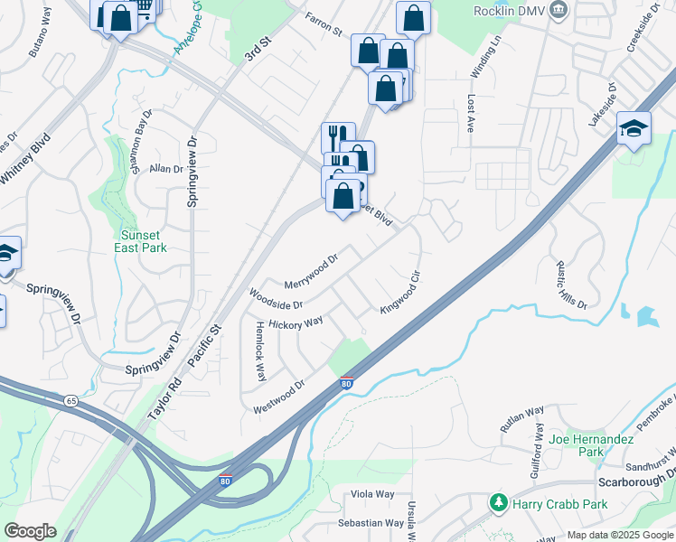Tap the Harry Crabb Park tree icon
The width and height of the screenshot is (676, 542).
(x=497, y=502)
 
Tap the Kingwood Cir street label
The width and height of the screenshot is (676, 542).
(x=401, y=293)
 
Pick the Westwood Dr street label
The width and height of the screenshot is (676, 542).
(x=279, y=396)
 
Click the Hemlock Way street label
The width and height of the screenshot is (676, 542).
(x=260, y=350)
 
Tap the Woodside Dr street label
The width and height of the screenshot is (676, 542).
(x=276, y=298)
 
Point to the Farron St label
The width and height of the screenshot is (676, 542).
(x=324, y=24)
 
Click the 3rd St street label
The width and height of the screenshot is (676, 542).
(x=258, y=50)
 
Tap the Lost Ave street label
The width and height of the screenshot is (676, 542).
(x=470, y=116)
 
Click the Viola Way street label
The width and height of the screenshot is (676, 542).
(x=373, y=494)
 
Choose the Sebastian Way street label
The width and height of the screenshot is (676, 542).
(x=371, y=523)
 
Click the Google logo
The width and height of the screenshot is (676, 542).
(x=30, y=531)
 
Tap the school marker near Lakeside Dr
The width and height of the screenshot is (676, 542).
(x=634, y=128)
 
